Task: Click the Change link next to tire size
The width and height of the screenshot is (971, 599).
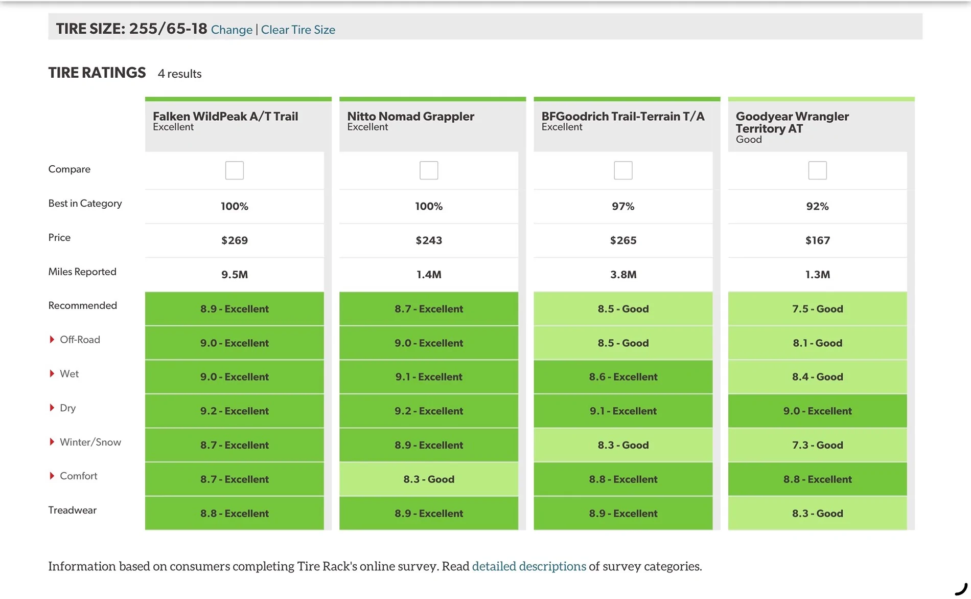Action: (x=232, y=30)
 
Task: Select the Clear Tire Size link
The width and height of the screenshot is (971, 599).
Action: (x=298, y=30)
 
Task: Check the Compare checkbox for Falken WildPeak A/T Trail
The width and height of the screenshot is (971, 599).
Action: (x=235, y=170)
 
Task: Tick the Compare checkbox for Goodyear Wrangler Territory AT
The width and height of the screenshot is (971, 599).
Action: (x=817, y=170)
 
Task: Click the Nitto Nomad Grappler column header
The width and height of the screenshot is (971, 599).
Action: (x=410, y=116)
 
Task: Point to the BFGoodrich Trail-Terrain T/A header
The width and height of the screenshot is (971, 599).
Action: (x=622, y=116)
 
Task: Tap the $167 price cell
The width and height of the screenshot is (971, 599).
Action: (x=817, y=240)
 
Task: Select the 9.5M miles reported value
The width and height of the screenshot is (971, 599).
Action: (x=235, y=275)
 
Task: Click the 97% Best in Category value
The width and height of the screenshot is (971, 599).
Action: (x=623, y=206)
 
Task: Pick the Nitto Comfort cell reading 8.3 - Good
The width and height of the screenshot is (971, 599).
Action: (x=429, y=479)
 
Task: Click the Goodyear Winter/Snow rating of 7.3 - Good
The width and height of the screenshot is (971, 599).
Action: (x=817, y=445)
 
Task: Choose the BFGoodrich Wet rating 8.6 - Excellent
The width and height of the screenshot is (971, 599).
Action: (x=623, y=377)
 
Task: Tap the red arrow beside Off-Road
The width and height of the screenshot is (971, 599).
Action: (x=52, y=340)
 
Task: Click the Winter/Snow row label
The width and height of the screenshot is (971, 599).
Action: (x=90, y=442)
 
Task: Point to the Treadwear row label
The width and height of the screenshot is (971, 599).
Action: (x=73, y=510)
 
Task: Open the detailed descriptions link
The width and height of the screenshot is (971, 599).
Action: (x=529, y=566)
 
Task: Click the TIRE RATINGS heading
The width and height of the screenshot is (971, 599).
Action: (x=97, y=73)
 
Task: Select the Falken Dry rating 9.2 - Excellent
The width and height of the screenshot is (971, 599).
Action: (x=235, y=411)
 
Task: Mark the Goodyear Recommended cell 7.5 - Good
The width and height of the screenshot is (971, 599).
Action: (x=817, y=309)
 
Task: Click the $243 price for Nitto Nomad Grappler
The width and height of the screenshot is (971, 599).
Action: (x=429, y=240)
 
